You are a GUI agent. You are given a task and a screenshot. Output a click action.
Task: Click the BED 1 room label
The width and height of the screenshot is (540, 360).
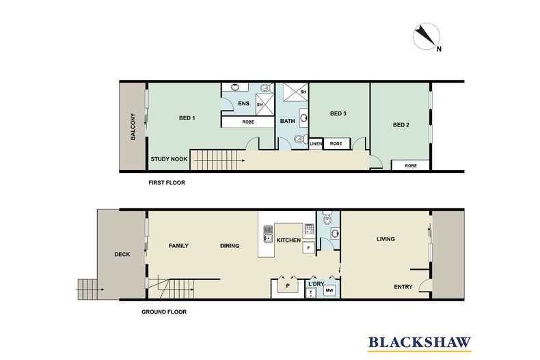187,118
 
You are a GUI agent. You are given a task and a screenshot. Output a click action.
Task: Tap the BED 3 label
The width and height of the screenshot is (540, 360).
339,113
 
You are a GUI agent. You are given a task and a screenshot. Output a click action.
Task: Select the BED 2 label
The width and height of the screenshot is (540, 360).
401,125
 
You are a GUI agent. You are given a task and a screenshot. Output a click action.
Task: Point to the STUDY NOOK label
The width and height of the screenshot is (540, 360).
169,160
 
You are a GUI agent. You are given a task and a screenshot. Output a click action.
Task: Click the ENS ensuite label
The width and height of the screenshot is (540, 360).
243,104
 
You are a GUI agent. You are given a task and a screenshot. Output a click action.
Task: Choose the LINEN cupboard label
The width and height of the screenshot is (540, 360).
315,144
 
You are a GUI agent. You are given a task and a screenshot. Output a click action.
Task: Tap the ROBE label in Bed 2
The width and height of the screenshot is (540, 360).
410,165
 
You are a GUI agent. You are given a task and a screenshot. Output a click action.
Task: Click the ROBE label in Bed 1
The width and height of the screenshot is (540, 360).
248,122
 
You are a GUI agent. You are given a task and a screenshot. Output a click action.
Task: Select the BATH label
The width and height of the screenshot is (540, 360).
287,121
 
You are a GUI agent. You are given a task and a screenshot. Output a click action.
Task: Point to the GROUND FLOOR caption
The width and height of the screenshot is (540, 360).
163,311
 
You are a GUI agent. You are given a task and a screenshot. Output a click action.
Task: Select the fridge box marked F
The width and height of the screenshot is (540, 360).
308,247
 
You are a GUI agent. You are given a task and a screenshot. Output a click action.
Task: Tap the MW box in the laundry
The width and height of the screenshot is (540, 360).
329,291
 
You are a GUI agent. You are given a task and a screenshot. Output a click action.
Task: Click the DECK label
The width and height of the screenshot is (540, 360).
124,255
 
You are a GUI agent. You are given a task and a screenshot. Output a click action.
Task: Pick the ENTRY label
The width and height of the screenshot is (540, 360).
403,287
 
